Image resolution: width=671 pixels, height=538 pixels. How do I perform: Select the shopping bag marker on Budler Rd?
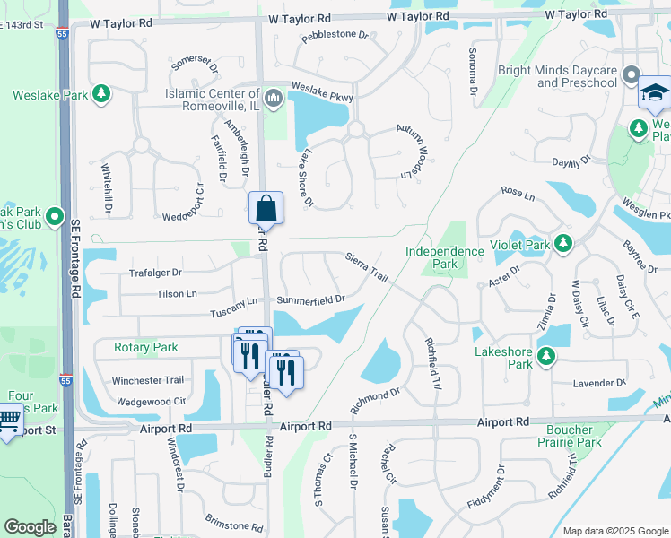[x=266, y=209]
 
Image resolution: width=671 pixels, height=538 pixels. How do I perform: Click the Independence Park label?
[x=444, y=258]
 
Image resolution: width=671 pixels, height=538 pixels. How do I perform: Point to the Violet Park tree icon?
[x=563, y=244]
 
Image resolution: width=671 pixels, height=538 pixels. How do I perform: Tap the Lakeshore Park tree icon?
[x=546, y=358]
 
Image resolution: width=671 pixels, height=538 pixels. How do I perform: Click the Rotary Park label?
[x=146, y=347]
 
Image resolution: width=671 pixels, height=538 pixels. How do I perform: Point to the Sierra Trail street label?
[x=367, y=267]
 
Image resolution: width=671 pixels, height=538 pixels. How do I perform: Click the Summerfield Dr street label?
[x=310, y=299]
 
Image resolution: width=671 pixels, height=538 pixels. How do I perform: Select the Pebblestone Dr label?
[x=335, y=36]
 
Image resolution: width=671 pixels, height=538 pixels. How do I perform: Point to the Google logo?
[x=30, y=527]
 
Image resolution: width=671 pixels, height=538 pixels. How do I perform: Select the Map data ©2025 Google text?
[x=614, y=531]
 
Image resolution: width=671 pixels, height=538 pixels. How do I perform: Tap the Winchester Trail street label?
[x=148, y=381]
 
